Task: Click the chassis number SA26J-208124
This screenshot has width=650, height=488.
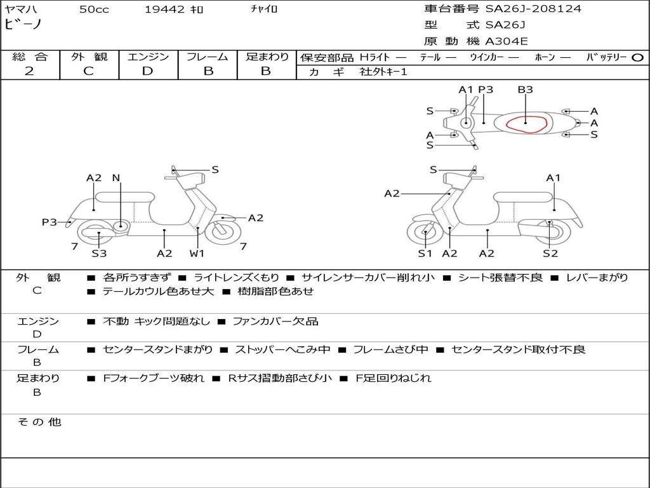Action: pyautogui.click(x=533, y=9)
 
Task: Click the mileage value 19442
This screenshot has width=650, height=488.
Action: pyautogui.click(x=164, y=10)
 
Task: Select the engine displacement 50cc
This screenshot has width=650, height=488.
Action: pyautogui.click(x=94, y=10)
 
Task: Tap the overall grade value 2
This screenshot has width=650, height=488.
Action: pyautogui.click(x=29, y=71)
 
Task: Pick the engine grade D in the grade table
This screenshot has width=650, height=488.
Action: pyautogui.click(x=148, y=71)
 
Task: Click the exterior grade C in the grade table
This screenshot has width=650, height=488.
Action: pyautogui.click(x=89, y=71)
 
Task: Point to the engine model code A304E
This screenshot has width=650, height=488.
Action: pyautogui.click(x=507, y=41)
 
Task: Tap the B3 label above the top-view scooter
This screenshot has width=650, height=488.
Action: pyautogui.click(x=525, y=90)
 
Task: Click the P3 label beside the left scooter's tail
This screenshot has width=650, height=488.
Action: pyautogui.click(x=50, y=222)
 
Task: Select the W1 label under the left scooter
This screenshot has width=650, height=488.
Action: pyautogui.click(x=197, y=253)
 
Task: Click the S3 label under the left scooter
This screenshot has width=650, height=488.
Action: pyautogui.click(x=99, y=253)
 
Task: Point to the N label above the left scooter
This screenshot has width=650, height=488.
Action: pyautogui.click(x=116, y=178)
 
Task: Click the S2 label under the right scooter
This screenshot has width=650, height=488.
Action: pyautogui.click(x=550, y=253)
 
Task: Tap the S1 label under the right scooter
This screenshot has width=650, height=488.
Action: pyautogui.click(x=425, y=253)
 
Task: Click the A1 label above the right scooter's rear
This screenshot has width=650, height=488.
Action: pyautogui.click(x=554, y=178)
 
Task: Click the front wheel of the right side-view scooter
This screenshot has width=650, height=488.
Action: pyautogui.click(x=425, y=233)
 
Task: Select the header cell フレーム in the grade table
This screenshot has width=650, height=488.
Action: pyautogui.click(x=208, y=57)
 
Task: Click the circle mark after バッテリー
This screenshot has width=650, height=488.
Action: pyautogui.click(x=637, y=57)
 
